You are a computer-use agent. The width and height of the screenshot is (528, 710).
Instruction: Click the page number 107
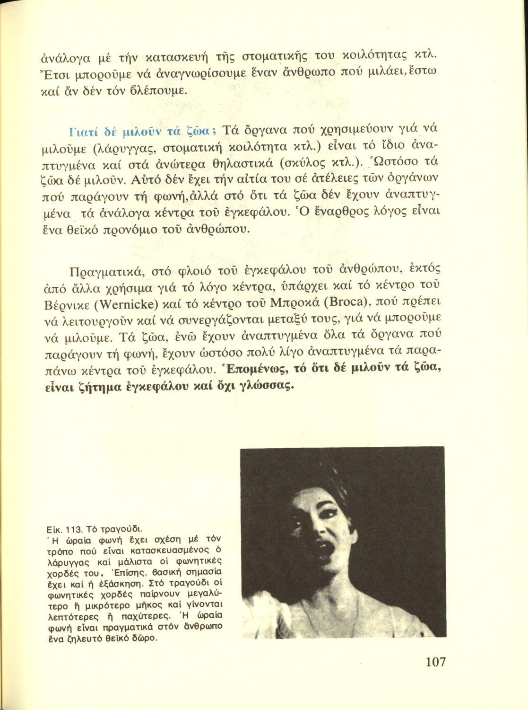click(435, 661)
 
